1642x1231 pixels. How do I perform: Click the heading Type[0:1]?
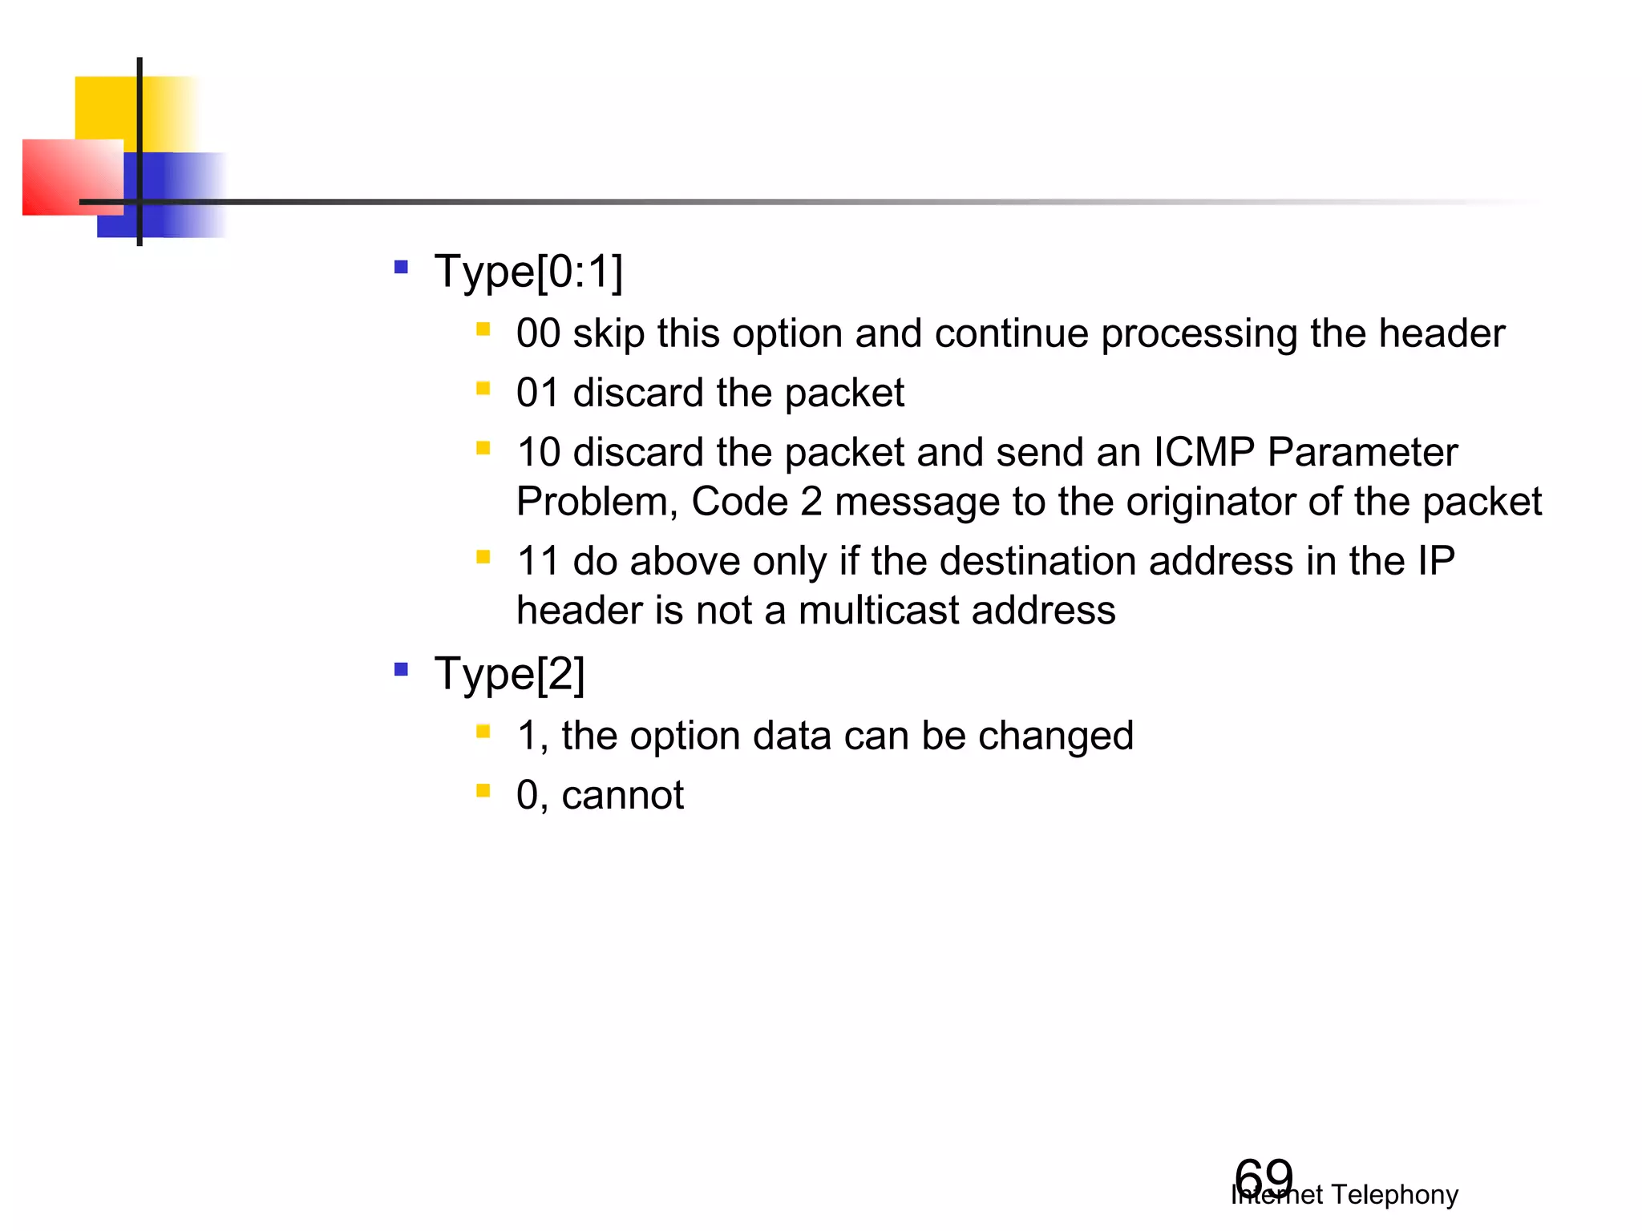528,272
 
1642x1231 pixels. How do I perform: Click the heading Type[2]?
510,674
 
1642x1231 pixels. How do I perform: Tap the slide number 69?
1263,1179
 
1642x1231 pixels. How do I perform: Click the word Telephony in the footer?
1394,1195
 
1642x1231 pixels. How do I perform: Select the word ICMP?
1203,452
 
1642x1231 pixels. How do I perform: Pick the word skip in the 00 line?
609,333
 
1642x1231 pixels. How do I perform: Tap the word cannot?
622,796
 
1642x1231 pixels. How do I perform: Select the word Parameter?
1362,452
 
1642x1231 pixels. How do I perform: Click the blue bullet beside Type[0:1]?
401,267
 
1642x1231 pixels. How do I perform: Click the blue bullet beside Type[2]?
401,668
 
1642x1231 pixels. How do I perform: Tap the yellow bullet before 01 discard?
483,389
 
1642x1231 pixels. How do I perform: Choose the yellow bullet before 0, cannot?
483,792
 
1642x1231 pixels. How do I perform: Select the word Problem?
597,502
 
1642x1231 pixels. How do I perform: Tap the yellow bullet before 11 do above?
483,557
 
